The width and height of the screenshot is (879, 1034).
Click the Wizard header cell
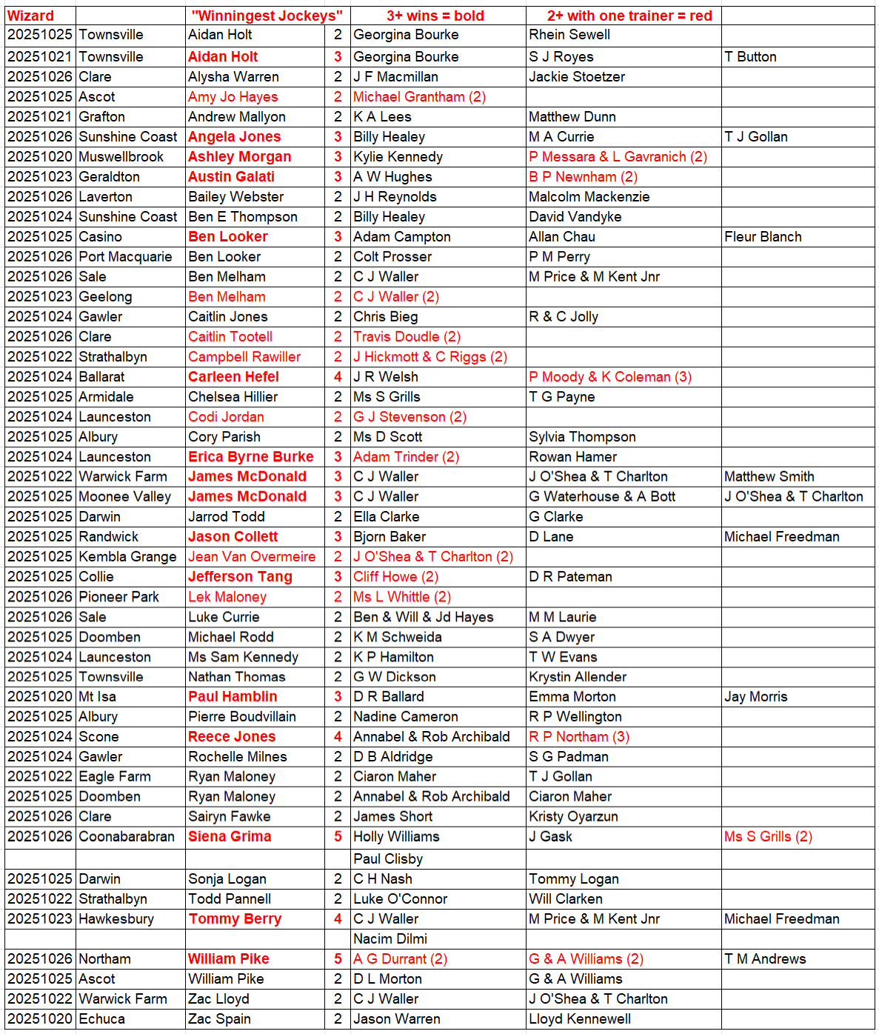coord(31,16)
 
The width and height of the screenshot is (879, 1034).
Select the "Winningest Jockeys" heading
coord(267,16)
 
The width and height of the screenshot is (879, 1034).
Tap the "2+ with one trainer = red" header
coord(629,16)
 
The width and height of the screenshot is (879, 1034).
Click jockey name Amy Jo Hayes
coord(233,96)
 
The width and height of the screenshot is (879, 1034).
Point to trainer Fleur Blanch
coord(763,236)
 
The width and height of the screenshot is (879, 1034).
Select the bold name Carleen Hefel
coord(233,376)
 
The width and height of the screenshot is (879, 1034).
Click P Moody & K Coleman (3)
coord(610,376)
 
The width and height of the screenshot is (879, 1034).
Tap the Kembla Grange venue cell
coord(127,556)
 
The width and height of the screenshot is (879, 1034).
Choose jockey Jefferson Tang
coord(240,576)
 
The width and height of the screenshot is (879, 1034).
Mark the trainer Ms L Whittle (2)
coord(401,596)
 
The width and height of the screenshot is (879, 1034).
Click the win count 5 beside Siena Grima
coord(338,836)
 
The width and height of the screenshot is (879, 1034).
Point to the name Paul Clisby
coord(388,858)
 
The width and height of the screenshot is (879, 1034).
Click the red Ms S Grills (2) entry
coord(768,836)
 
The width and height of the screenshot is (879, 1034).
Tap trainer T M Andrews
coord(765,958)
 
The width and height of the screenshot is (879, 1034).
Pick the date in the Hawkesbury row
coord(40,918)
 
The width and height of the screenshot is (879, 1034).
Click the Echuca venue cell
coord(101,1018)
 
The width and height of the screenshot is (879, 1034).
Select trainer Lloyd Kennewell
coord(580,1018)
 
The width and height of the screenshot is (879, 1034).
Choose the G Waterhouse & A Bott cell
coord(602,496)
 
